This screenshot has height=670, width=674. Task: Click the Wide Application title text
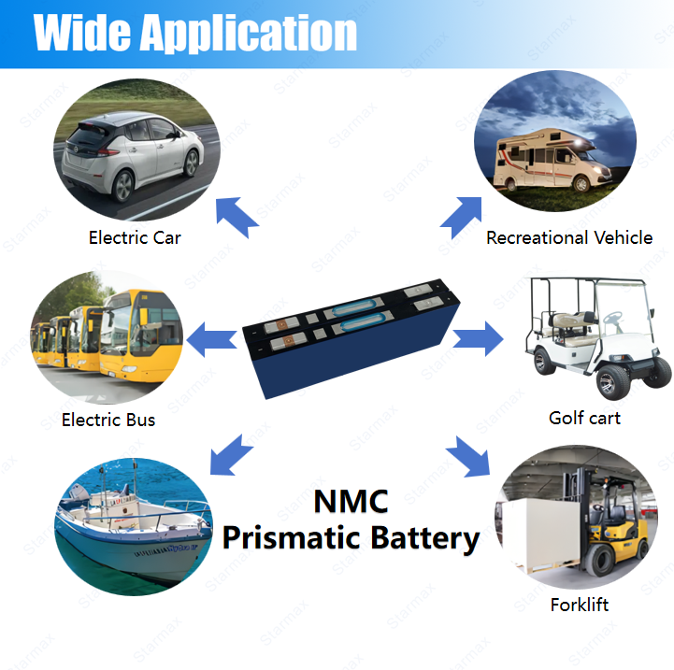click(x=195, y=33)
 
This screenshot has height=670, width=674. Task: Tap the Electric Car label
click(x=135, y=237)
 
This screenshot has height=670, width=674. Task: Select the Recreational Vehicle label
click(x=569, y=237)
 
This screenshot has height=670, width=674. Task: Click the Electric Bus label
click(x=108, y=420)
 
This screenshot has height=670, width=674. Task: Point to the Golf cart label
click(x=584, y=418)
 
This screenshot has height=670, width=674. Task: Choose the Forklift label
click(x=580, y=605)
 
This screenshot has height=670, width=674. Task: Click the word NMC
click(x=351, y=502)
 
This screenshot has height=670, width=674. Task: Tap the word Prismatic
click(x=291, y=538)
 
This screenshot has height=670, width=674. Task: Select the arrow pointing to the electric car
click(x=237, y=217)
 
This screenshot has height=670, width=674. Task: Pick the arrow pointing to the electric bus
click(x=212, y=339)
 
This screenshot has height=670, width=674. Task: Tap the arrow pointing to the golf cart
click(x=478, y=338)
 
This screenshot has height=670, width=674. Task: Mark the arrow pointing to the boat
click(x=231, y=455)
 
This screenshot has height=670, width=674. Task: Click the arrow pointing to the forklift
click(x=468, y=456)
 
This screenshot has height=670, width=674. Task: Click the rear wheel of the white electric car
click(x=123, y=186)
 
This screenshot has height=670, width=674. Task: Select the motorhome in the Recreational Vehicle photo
click(x=552, y=161)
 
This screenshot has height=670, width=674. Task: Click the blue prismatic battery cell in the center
click(x=351, y=337)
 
